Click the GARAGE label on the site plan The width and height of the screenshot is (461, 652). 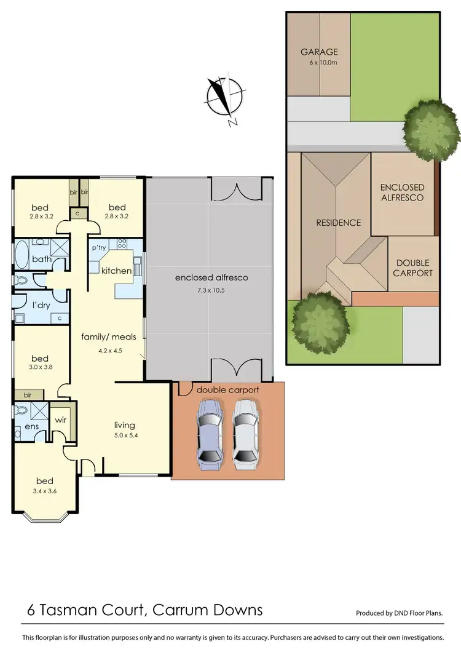(319, 52)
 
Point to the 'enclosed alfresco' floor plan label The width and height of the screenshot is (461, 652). (211, 277)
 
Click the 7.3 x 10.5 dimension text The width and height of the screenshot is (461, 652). (211, 290)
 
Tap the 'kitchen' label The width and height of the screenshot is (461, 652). (116, 271)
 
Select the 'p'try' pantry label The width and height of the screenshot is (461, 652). (100, 248)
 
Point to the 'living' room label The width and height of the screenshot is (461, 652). (125, 425)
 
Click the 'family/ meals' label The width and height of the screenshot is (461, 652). (108, 337)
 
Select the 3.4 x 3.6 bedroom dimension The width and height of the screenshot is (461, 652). (44, 491)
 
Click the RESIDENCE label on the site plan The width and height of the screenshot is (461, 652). (338, 223)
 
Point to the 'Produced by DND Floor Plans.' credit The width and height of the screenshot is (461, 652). (399, 613)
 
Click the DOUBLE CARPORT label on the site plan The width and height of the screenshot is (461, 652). (414, 268)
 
